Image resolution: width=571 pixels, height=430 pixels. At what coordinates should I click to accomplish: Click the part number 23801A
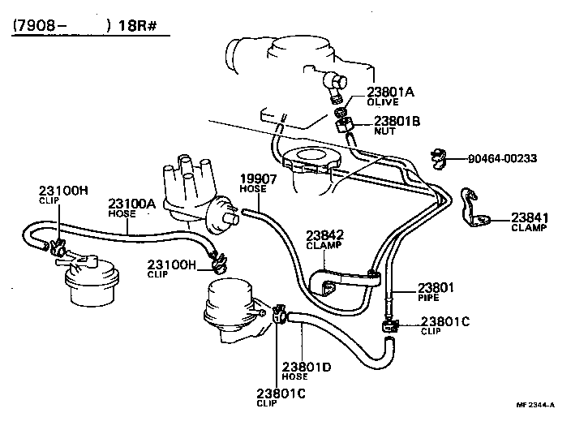coord(390,92)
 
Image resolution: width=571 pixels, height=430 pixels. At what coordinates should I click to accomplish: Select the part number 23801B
coord(397,121)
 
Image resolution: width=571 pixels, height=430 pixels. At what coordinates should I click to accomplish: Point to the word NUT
coord(383,131)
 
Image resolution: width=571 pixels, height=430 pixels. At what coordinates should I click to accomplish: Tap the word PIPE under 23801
coord(427,298)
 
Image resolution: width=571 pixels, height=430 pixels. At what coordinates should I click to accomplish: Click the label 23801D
coord(307,367)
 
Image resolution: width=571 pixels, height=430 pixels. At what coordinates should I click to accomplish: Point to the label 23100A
coord(131,204)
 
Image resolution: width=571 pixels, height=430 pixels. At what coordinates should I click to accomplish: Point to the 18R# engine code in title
coord(141,25)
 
